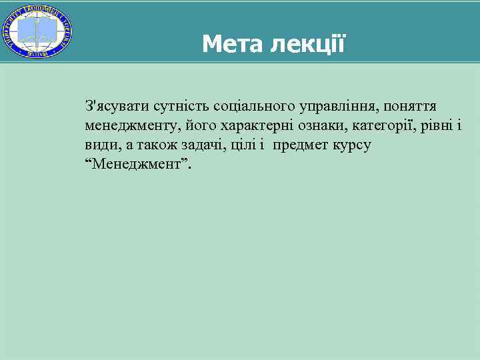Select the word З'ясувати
(x=116, y=107)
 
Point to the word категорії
(x=377, y=126)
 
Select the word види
(x=99, y=145)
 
